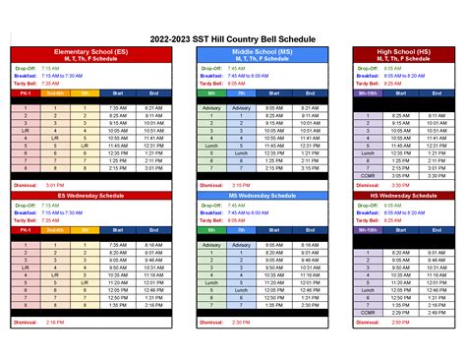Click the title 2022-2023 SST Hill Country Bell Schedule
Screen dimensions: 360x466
coord(233,37)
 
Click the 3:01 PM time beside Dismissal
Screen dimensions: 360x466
coord(55,184)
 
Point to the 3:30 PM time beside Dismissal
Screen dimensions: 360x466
coord(400,184)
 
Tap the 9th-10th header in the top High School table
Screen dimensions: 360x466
coord(368,93)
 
